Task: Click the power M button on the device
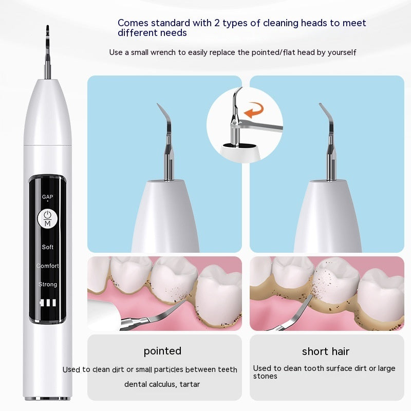[x=48, y=218]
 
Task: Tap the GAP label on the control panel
[x=48, y=197]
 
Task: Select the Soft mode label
[x=48, y=247]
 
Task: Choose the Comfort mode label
[x=48, y=266]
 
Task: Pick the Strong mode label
[x=48, y=285]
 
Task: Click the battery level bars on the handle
[x=48, y=303]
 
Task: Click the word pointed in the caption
[x=162, y=351]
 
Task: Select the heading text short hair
[x=326, y=351]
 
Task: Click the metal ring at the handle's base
[x=48, y=398]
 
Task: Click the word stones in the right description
[x=265, y=376]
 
